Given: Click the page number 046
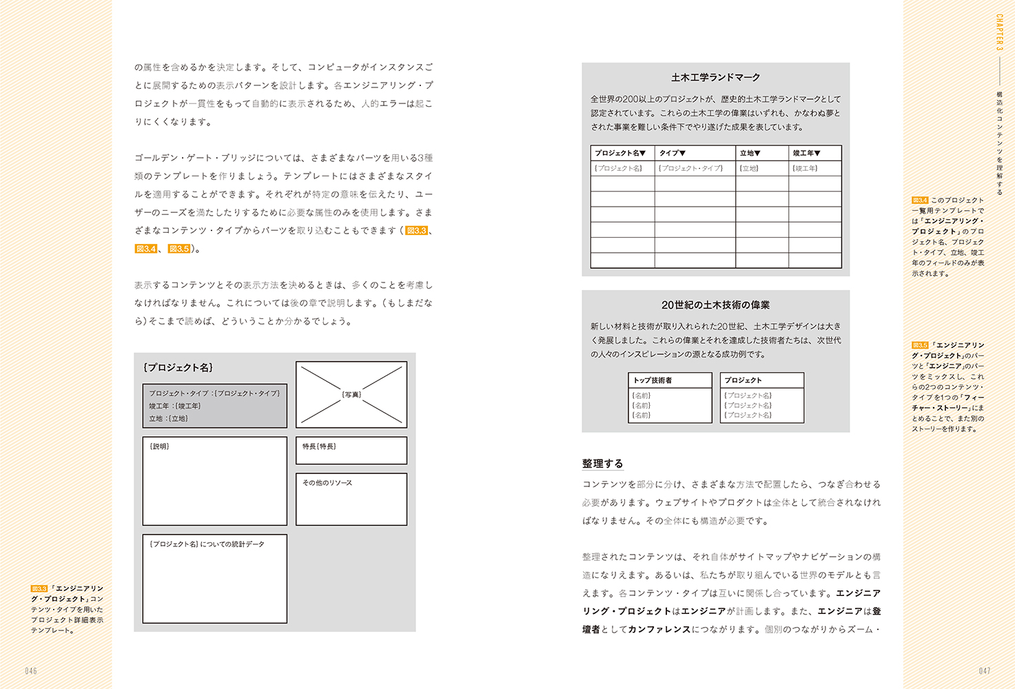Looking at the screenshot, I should pos(31,671).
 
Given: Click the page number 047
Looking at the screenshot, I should pos(985,671).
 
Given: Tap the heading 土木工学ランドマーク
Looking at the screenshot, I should pos(715,78).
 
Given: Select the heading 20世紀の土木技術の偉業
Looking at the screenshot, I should pos(715,305).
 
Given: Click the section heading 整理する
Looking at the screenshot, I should pos(602,464).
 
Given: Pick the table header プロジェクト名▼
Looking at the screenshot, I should pos(620,153).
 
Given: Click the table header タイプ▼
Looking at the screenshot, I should pos(673,153).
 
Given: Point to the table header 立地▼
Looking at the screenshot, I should pos(750,153).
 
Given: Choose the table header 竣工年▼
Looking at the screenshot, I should pos(806,153).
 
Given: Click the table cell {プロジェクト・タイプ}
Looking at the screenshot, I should pos(690,168).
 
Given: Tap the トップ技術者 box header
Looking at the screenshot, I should pos(653,380).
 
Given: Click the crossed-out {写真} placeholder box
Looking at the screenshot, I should pos(351,395).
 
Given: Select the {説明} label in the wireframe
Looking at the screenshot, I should pos(159,446).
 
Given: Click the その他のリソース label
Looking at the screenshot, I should pos(327,483).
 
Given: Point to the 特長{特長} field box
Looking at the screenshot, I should pos(351,450).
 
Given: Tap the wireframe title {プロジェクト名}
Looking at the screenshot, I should pos(178,368).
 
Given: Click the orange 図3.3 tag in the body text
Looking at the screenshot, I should pos(416,231).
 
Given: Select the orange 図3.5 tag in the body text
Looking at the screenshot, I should pos(179,249).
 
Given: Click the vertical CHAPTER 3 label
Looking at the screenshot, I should pos(999,32).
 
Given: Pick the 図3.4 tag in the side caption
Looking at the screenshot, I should pos(920,200).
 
